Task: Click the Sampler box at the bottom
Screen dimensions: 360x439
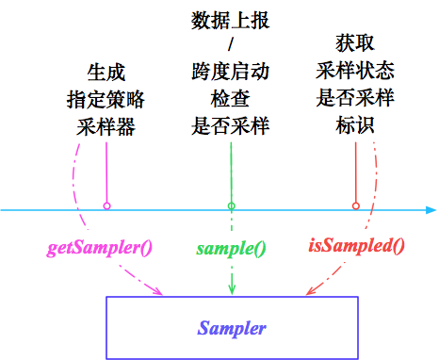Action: point(231,328)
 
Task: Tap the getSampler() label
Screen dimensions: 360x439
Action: point(101,249)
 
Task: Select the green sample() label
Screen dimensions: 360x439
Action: point(231,249)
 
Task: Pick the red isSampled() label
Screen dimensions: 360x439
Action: point(356,247)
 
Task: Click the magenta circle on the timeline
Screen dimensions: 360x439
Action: point(106,205)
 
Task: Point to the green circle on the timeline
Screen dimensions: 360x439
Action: point(231,205)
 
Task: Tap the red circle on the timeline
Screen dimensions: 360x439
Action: point(355,205)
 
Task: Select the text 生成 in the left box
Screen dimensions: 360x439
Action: point(106,72)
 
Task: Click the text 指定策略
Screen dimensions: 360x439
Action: point(106,99)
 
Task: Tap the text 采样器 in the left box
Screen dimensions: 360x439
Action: point(106,125)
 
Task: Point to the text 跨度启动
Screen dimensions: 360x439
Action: point(231,72)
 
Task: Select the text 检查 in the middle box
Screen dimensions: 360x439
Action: point(231,98)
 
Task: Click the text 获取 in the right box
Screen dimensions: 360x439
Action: point(355,43)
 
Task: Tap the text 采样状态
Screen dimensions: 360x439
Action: point(355,71)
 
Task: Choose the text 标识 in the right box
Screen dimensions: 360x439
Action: point(355,124)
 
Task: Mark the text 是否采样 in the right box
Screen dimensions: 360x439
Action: point(355,98)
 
